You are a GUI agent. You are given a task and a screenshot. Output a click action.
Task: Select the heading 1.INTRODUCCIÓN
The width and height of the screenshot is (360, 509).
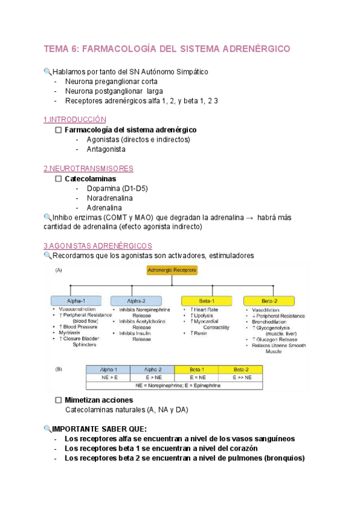point(74,119)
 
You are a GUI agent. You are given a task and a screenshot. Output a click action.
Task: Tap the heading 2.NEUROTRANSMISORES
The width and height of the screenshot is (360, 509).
point(88,169)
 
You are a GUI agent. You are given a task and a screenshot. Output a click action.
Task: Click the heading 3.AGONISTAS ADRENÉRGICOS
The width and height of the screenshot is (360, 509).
point(98,246)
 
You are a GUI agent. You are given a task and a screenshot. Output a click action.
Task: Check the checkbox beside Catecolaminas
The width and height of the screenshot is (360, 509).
point(58,179)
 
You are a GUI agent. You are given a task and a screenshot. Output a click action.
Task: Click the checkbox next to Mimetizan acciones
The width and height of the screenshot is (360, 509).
point(58,400)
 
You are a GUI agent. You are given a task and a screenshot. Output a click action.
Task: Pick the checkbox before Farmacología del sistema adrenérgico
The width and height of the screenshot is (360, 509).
point(58,130)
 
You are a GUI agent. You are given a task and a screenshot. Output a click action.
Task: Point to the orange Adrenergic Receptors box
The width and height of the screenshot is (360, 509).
point(172,271)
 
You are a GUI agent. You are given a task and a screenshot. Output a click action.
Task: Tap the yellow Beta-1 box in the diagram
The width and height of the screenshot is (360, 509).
point(205,300)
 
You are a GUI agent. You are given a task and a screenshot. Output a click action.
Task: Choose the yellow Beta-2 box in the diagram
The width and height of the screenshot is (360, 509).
point(269,300)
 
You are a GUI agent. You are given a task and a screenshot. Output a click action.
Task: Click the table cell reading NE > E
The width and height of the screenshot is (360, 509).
point(109,378)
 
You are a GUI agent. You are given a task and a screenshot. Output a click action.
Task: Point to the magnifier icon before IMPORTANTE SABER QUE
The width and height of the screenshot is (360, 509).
point(48,429)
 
